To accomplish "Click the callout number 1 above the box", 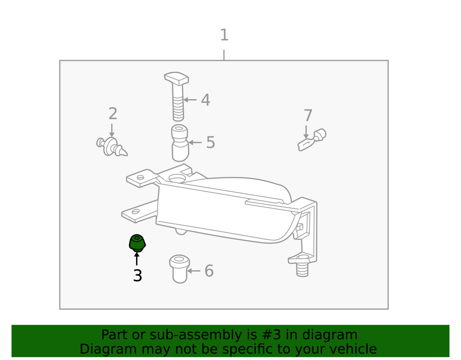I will pyautogui.click(x=224, y=35).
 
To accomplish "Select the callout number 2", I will pyautogui.click(x=113, y=114).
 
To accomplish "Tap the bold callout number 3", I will pyautogui.click(x=137, y=276).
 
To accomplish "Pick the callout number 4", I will pyautogui.click(x=206, y=100).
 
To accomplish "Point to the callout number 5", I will pyautogui.click(x=210, y=143).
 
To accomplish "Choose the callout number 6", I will pyautogui.click(x=209, y=271).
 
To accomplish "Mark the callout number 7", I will pyautogui.click(x=308, y=116).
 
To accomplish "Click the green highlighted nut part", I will pyautogui.click(x=137, y=243).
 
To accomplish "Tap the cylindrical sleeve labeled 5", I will pyautogui.click(x=180, y=143).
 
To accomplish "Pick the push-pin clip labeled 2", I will pyautogui.click(x=111, y=146).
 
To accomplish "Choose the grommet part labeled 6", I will pyautogui.click(x=179, y=268).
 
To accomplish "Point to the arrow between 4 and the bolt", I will pyautogui.click(x=190, y=100).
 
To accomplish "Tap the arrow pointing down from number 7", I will pyautogui.click(x=306, y=131).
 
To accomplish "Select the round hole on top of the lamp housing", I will pyautogui.click(x=177, y=178).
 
